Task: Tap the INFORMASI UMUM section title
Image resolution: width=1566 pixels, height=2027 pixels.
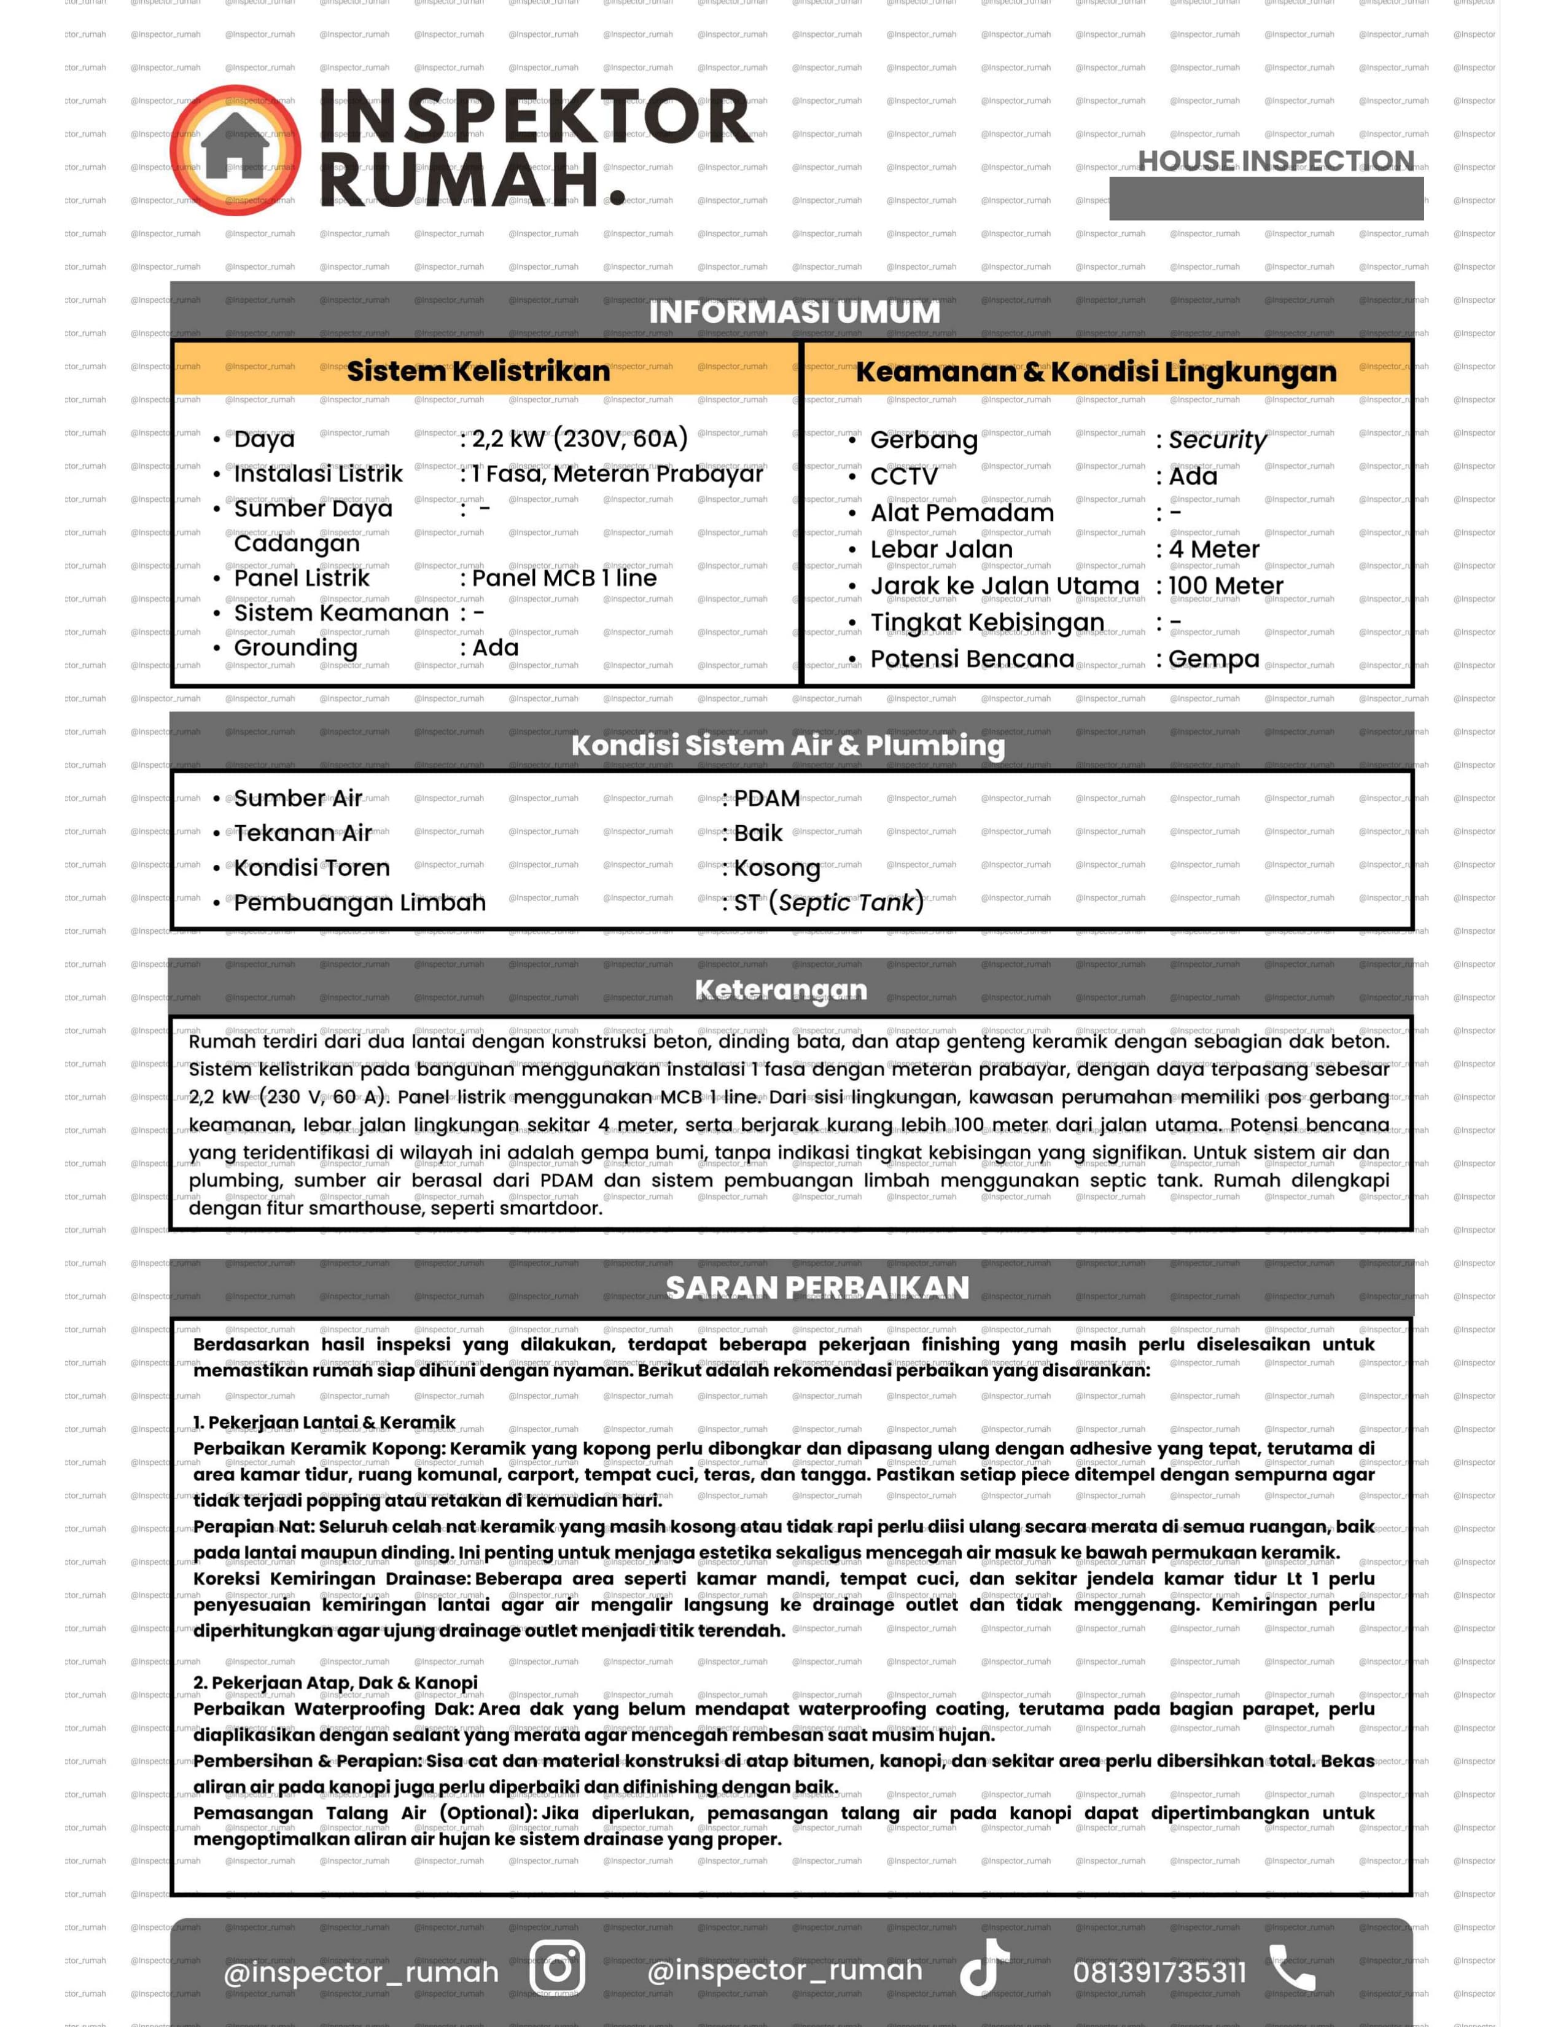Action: (794, 313)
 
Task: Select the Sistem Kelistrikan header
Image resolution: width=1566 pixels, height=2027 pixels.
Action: (479, 371)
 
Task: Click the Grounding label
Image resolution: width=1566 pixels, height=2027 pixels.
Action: (295, 648)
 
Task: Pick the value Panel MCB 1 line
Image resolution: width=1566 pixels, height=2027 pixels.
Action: (564, 578)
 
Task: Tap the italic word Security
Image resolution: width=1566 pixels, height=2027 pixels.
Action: (1216, 440)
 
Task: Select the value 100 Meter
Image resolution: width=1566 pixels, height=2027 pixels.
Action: (1226, 585)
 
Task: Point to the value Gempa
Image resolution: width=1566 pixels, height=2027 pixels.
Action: (1213, 659)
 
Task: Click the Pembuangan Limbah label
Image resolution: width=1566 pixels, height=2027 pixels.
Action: (359, 903)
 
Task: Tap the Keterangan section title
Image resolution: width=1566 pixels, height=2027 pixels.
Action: (781, 990)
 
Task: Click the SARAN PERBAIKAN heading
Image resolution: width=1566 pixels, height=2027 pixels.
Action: (817, 1288)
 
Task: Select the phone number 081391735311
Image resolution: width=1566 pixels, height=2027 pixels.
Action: (1159, 1971)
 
